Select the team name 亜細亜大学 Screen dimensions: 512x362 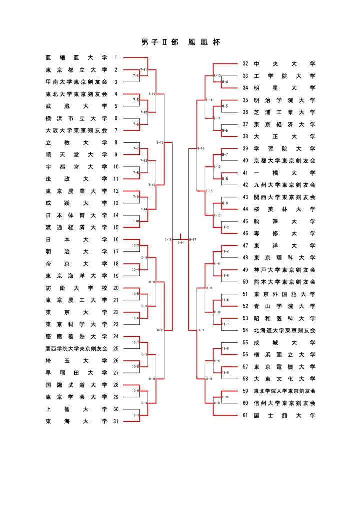(76, 58)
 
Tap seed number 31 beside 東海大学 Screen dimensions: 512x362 (116, 421)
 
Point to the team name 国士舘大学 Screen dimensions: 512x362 (284, 415)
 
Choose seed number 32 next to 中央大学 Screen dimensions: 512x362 (245, 64)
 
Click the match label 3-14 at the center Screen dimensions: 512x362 (181, 242)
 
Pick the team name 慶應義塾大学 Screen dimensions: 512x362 (76, 336)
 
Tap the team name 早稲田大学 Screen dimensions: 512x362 (76, 373)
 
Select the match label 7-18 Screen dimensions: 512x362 (168, 240)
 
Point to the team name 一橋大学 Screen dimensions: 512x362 (284, 173)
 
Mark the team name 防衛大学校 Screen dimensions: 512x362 (76, 288)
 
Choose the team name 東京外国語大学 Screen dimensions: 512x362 (284, 294)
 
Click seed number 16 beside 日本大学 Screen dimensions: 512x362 (116, 239)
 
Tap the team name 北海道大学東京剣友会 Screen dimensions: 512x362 (284, 330)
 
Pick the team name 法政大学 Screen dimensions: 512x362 (76, 179)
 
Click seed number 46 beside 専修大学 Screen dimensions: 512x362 (245, 233)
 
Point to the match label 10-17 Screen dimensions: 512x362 (161, 330)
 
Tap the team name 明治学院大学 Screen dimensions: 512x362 (284, 100)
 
